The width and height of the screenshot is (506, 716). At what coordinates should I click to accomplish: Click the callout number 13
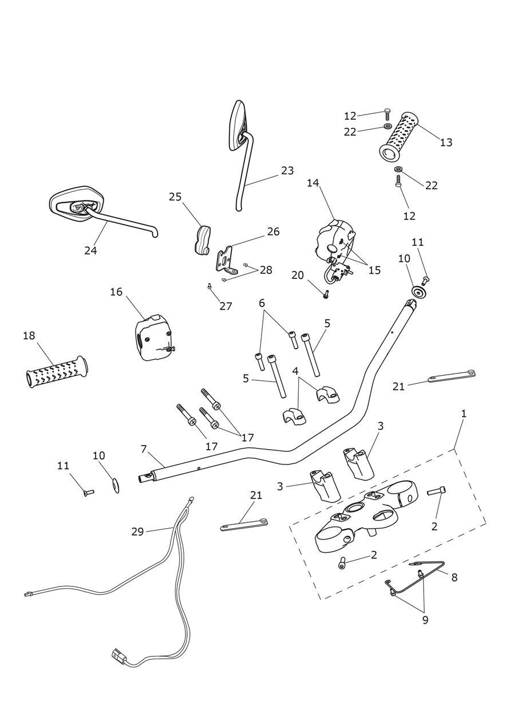[x=446, y=142]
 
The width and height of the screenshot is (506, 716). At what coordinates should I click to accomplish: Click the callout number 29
[x=137, y=532]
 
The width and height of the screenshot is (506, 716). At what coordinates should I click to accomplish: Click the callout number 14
[x=313, y=183]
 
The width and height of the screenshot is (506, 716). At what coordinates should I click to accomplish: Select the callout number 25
[x=175, y=197]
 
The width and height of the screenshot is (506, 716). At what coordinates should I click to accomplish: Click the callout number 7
[x=144, y=449]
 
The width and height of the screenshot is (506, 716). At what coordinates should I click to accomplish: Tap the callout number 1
[x=464, y=413]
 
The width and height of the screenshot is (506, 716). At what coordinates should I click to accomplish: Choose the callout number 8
[x=454, y=577]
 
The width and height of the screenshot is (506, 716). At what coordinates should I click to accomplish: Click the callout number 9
[x=425, y=620]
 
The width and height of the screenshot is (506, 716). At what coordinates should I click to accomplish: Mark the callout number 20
[x=297, y=276]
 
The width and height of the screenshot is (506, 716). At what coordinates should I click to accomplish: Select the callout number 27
[x=226, y=306]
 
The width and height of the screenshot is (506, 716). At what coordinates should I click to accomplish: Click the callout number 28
[x=266, y=270]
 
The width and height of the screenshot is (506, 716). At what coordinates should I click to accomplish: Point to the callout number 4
[x=295, y=371]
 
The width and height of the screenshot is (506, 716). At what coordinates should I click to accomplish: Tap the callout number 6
[x=262, y=303]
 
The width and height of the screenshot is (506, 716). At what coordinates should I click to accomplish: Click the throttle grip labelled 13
[x=398, y=136]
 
